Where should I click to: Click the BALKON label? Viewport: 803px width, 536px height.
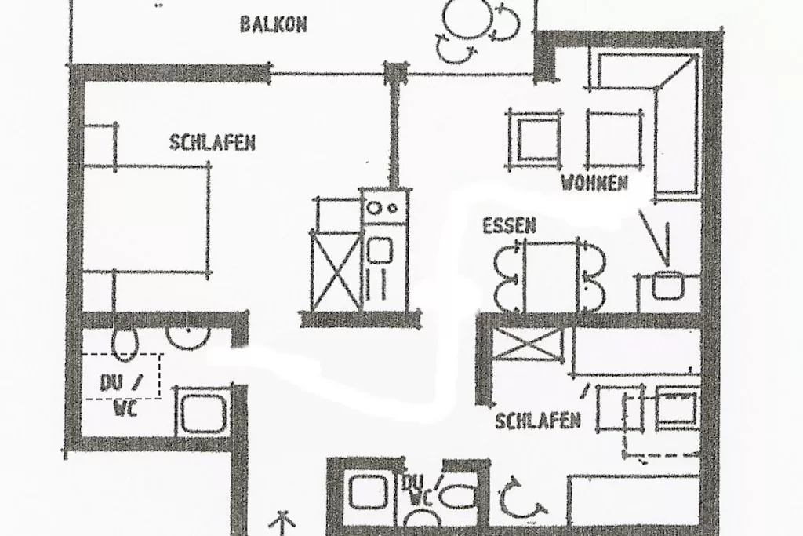[x=273, y=24]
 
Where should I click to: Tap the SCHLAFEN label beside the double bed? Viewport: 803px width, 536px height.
[x=212, y=143]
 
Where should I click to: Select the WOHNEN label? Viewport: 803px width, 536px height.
[x=594, y=184]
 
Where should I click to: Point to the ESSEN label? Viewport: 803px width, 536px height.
[x=509, y=227]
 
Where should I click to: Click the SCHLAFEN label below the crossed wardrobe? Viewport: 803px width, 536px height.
[x=537, y=421]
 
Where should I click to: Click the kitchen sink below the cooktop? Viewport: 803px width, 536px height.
[x=380, y=251]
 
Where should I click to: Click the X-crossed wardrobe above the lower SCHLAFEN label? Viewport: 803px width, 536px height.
[x=528, y=345]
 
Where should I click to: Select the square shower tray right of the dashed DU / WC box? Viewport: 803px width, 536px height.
[x=202, y=411]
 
